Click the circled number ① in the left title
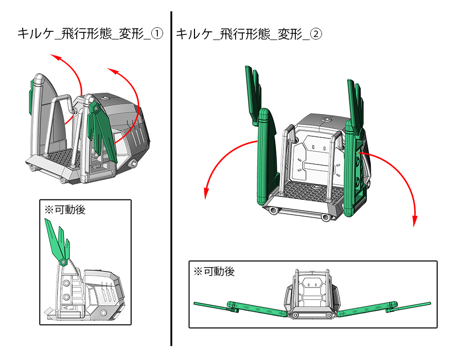(157, 34)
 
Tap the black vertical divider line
(171, 180)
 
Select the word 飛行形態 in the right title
(242, 34)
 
